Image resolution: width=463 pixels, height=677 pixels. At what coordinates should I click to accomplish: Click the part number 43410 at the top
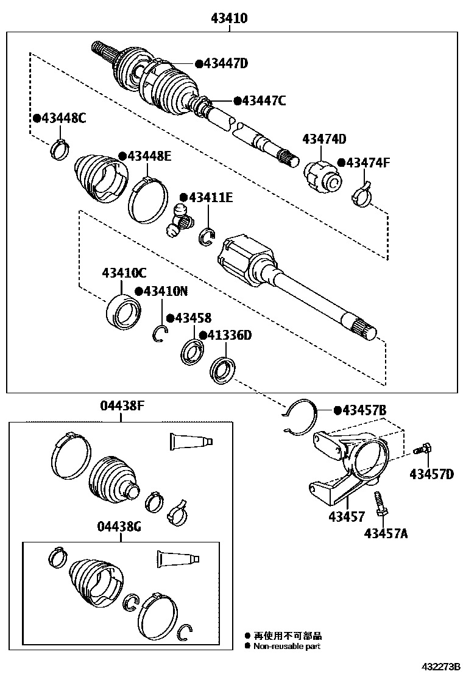click(229, 18)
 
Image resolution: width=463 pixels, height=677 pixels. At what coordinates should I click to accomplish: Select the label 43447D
click(225, 63)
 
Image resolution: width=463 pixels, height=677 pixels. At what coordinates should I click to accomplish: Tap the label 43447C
click(263, 100)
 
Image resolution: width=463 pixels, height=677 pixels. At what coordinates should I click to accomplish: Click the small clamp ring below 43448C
click(58, 148)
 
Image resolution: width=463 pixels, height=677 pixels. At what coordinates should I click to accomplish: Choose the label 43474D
click(323, 139)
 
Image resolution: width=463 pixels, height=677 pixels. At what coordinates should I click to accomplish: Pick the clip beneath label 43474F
click(362, 195)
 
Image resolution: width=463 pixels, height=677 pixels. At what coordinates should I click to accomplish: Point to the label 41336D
click(224, 335)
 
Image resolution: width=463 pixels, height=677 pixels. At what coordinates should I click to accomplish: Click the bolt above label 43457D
click(422, 450)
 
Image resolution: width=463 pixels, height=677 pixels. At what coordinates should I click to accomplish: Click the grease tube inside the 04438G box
click(177, 558)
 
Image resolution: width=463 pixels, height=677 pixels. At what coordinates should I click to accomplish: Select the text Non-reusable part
click(286, 646)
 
